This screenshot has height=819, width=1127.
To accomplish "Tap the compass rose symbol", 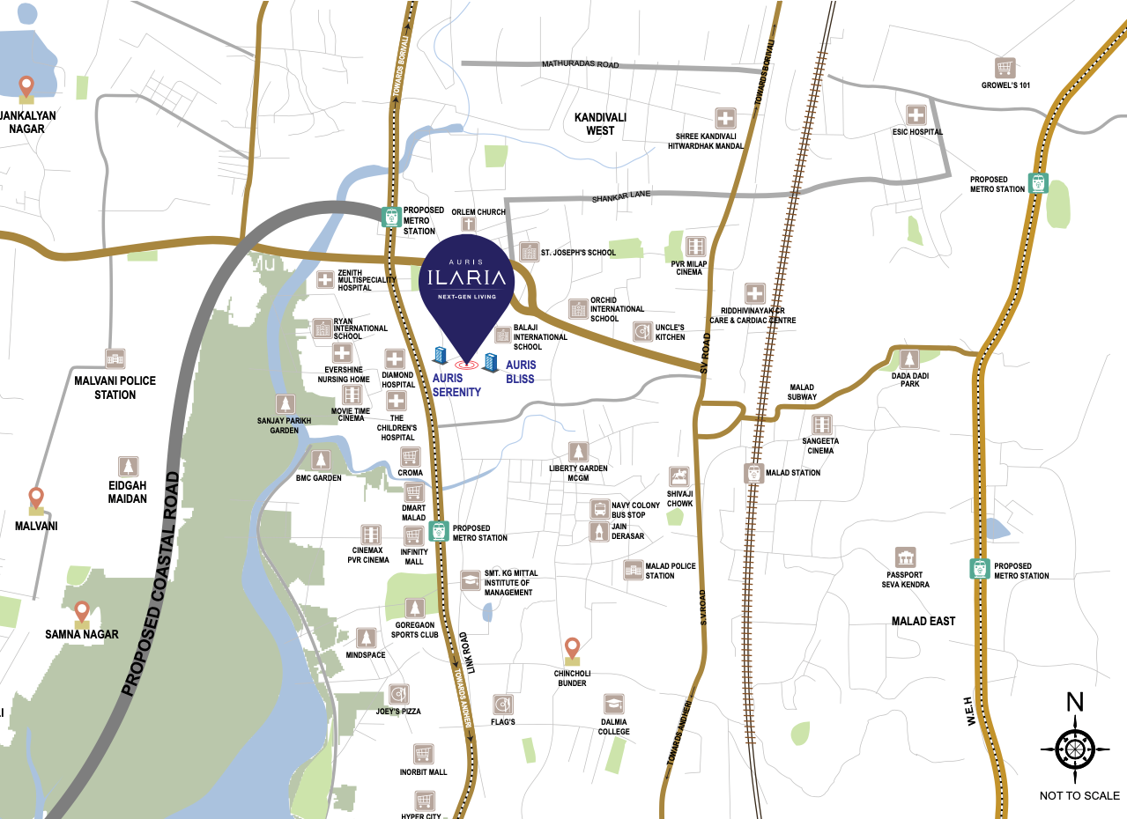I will coord(1074,749).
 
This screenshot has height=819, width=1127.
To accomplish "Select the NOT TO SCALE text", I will coord(1079,796).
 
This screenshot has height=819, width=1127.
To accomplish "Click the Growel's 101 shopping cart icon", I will coord(1005,68).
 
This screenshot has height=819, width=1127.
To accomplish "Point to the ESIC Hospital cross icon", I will coord(916,114).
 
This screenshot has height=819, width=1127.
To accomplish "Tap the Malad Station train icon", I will coord(753,473).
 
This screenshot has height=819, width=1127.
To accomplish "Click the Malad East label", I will coord(923,621).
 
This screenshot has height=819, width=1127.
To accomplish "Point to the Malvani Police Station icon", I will coord(115,358).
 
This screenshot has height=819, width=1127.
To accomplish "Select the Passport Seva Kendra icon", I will coord(905,557).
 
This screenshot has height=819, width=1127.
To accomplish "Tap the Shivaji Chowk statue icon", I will coord(678,477).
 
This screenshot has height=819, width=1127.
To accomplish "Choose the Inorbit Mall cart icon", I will coord(424,754).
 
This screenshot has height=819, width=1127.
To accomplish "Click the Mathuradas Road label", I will coord(580,65).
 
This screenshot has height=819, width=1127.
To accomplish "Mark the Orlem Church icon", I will coord(479,226).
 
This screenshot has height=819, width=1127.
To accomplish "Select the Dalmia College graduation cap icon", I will coord(614,704).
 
